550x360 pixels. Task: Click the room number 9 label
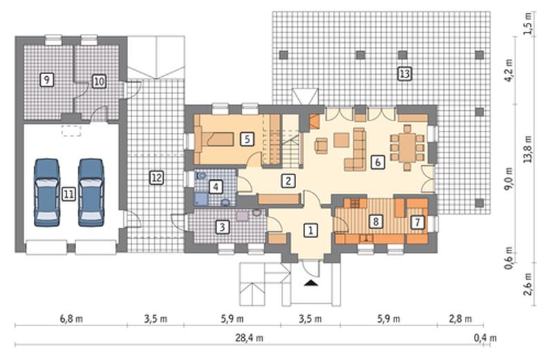(x=46, y=80)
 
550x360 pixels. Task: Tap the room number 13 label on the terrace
(x=405, y=73)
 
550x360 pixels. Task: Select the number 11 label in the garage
(x=68, y=194)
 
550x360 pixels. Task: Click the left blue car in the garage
(x=46, y=192)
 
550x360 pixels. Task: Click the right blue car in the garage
(x=91, y=192)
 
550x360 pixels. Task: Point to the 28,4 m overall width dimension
(x=249, y=338)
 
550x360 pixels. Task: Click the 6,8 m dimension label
(x=71, y=319)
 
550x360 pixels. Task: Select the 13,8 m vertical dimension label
(x=528, y=149)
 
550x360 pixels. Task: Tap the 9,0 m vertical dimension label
(x=508, y=179)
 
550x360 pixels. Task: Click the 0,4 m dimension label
(x=485, y=338)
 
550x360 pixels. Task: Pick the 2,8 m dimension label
(x=460, y=319)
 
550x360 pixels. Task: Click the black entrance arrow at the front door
(x=311, y=282)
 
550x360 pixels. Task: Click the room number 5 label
(x=247, y=139)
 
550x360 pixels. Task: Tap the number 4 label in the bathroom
(x=215, y=186)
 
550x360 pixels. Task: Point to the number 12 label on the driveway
(x=156, y=177)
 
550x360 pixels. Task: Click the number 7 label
(x=417, y=222)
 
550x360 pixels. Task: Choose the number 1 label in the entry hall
(x=311, y=230)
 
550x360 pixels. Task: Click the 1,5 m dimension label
(x=528, y=23)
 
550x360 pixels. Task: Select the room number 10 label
(x=99, y=82)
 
